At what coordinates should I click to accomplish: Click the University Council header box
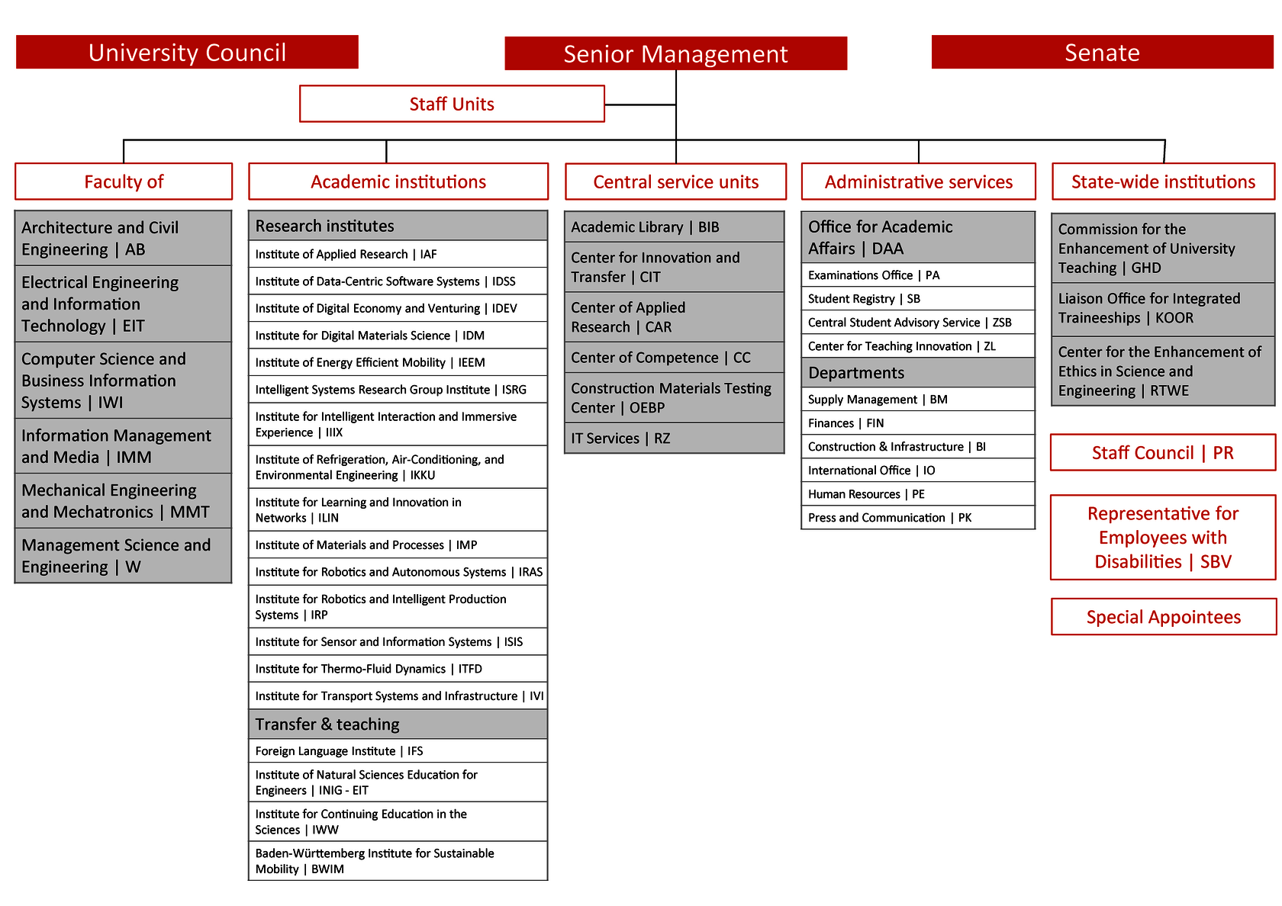point(187,52)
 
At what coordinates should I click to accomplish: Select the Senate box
point(1102,52)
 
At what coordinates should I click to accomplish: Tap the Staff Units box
point(452,104)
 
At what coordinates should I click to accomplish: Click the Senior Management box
point(675,53)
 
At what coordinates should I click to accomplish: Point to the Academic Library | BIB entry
point(675,226)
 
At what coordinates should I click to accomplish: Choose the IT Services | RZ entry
point(675,438)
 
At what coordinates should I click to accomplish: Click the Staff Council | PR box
point(1162,452)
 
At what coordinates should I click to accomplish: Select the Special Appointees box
point(1163,616)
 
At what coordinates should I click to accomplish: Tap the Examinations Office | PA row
point(918,275)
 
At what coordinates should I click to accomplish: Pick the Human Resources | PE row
point(918,493)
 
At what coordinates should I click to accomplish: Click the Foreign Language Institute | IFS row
point(398,750)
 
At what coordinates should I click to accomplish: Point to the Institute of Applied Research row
point(398,254)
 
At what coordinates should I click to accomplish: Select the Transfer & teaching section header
point(398,724)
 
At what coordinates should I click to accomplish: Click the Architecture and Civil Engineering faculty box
point(123,238)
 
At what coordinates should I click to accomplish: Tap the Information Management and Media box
point(123,445)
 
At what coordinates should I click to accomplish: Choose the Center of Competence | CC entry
point(675,357)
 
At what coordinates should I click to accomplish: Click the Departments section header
point(918,372)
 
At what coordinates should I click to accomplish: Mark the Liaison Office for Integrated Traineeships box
point(1162,308)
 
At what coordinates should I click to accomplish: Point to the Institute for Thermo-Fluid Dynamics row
point(398,668)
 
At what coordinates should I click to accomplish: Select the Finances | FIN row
point(918,422)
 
